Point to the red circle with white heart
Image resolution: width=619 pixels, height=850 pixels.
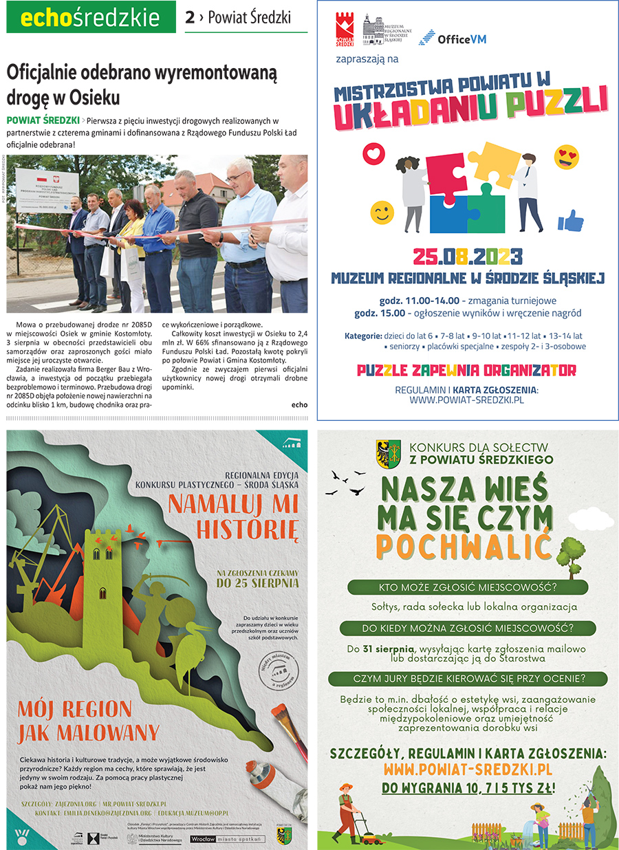(372, 152)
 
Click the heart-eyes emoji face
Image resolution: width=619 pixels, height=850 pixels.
(567, 157)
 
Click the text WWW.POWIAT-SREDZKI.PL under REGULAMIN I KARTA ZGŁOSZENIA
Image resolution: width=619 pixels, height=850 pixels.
(467, 400)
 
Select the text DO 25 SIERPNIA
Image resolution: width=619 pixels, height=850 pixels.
(258, 582)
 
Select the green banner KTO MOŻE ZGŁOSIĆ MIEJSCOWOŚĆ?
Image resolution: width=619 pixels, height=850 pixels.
(468, 588)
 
